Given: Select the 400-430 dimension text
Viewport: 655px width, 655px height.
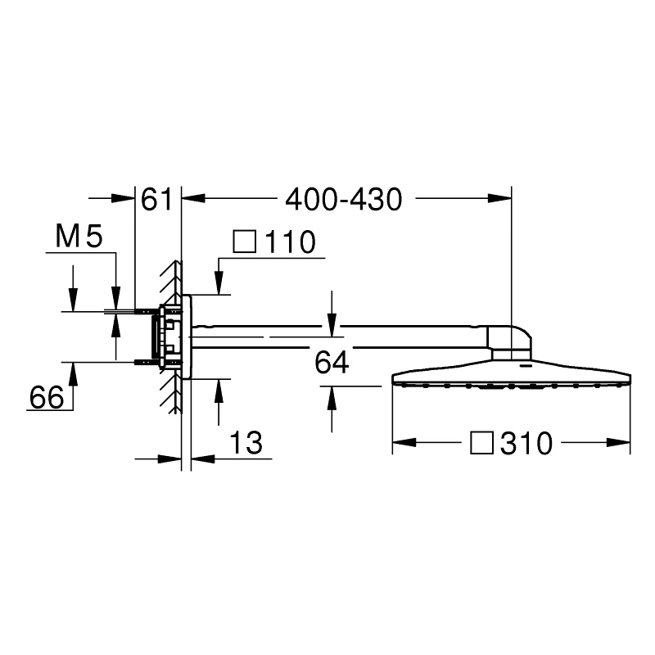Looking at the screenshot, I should pyautogui.click(x=344, y=199).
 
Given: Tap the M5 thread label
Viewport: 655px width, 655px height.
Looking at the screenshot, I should pyautogui.click(x=78, y=238).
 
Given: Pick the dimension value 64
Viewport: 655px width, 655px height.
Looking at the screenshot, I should pyautogui.click(x=331, y=362).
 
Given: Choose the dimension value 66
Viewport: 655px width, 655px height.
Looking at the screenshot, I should pyautogui.click(x=47, y=398).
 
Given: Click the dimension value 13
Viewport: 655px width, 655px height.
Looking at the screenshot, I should pyautogui.click(x=245, y=444).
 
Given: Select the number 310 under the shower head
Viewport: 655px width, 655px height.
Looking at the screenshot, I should pyautogui.click(x=527, y=444).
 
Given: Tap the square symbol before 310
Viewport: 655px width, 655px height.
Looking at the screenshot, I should pyautogui.click(x=482, y=444).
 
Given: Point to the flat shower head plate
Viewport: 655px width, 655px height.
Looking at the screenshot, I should pyautogui.click(x=512, y=377).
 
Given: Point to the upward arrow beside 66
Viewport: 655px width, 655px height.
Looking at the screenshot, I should pyautogui.click(x=74, y=373).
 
